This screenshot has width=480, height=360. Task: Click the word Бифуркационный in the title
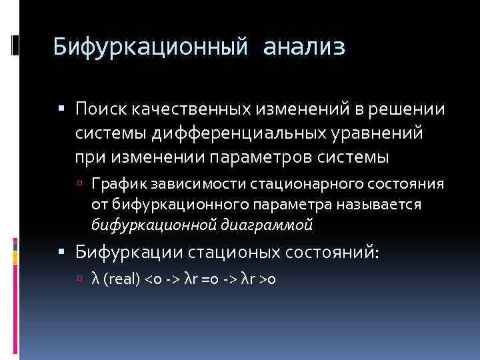click(x=151, y=47)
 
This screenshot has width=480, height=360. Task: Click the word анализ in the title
click(x=304, y=47)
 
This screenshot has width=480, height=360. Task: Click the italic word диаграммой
click(x=275, y=225)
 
